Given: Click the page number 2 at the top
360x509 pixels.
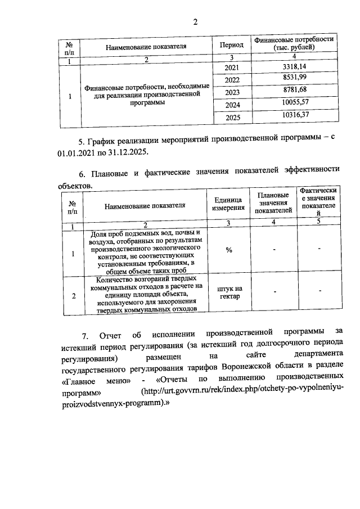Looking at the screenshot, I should [x=195, y=22].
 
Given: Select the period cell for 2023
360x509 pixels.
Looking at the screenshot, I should [x=232, y=93].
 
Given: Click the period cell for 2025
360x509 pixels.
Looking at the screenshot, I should [x=232, y=118].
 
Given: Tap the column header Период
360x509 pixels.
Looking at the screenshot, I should [x=231, y=45].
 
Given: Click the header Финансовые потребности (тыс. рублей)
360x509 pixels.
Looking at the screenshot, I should [x=294, y=44].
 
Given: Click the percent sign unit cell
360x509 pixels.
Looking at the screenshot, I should [x=229, y=250].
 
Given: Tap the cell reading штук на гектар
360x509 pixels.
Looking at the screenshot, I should [x=228, y=292].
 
